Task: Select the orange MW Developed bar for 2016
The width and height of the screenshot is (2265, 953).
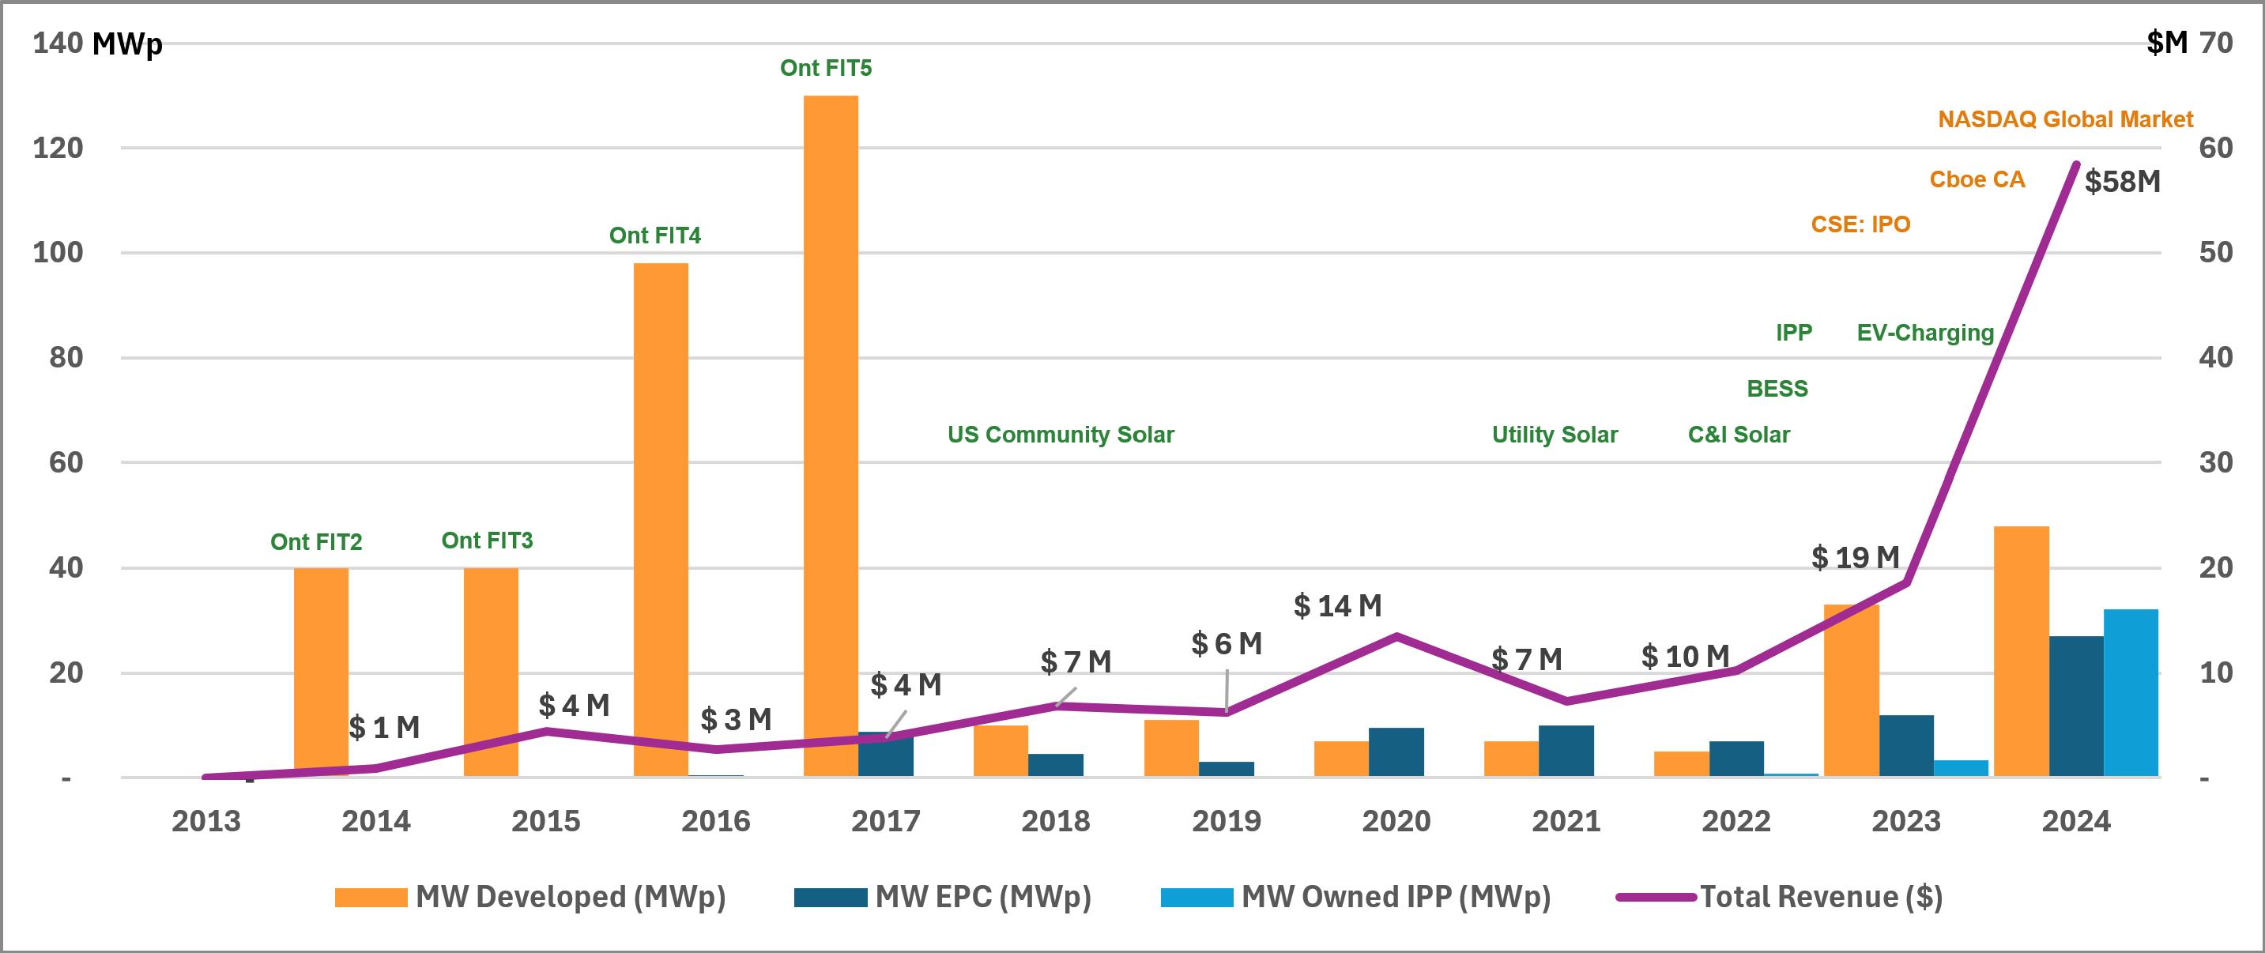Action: [x=661, y=518]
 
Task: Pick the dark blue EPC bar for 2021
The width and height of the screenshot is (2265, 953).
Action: [x=1566, y=751]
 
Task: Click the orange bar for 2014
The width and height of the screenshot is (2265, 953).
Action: [x=320, y=672]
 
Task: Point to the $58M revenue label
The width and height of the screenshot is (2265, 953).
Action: [x=2122, y=182]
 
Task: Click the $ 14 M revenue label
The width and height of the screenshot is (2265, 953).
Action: [x=1337, y=606]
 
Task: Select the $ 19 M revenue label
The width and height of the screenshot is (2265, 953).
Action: [x=1856, y=557]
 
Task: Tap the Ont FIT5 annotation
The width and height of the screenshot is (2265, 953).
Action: [x=826, y=68]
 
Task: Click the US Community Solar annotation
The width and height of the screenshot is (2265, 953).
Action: [x=1061, y=435]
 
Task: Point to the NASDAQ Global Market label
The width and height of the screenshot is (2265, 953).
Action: [x=2065, y=119]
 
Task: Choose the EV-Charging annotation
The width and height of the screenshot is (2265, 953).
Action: [x=1924, y=333]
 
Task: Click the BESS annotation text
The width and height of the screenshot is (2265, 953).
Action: [x=1777, y=389]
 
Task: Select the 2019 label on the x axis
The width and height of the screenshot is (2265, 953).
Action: [x=1226, y=821]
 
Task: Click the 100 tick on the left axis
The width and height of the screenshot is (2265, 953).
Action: [x=58, y=253]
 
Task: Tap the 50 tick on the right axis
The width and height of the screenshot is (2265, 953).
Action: [x=2215, y=253]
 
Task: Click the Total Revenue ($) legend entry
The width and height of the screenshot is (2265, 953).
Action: [x=1820, y=897]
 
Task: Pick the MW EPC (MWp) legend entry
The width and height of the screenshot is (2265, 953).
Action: [x=982, y=897]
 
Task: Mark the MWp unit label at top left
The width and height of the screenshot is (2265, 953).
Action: [x=126, y=44]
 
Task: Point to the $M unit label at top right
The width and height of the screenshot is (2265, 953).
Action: [x=2166, y=42]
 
